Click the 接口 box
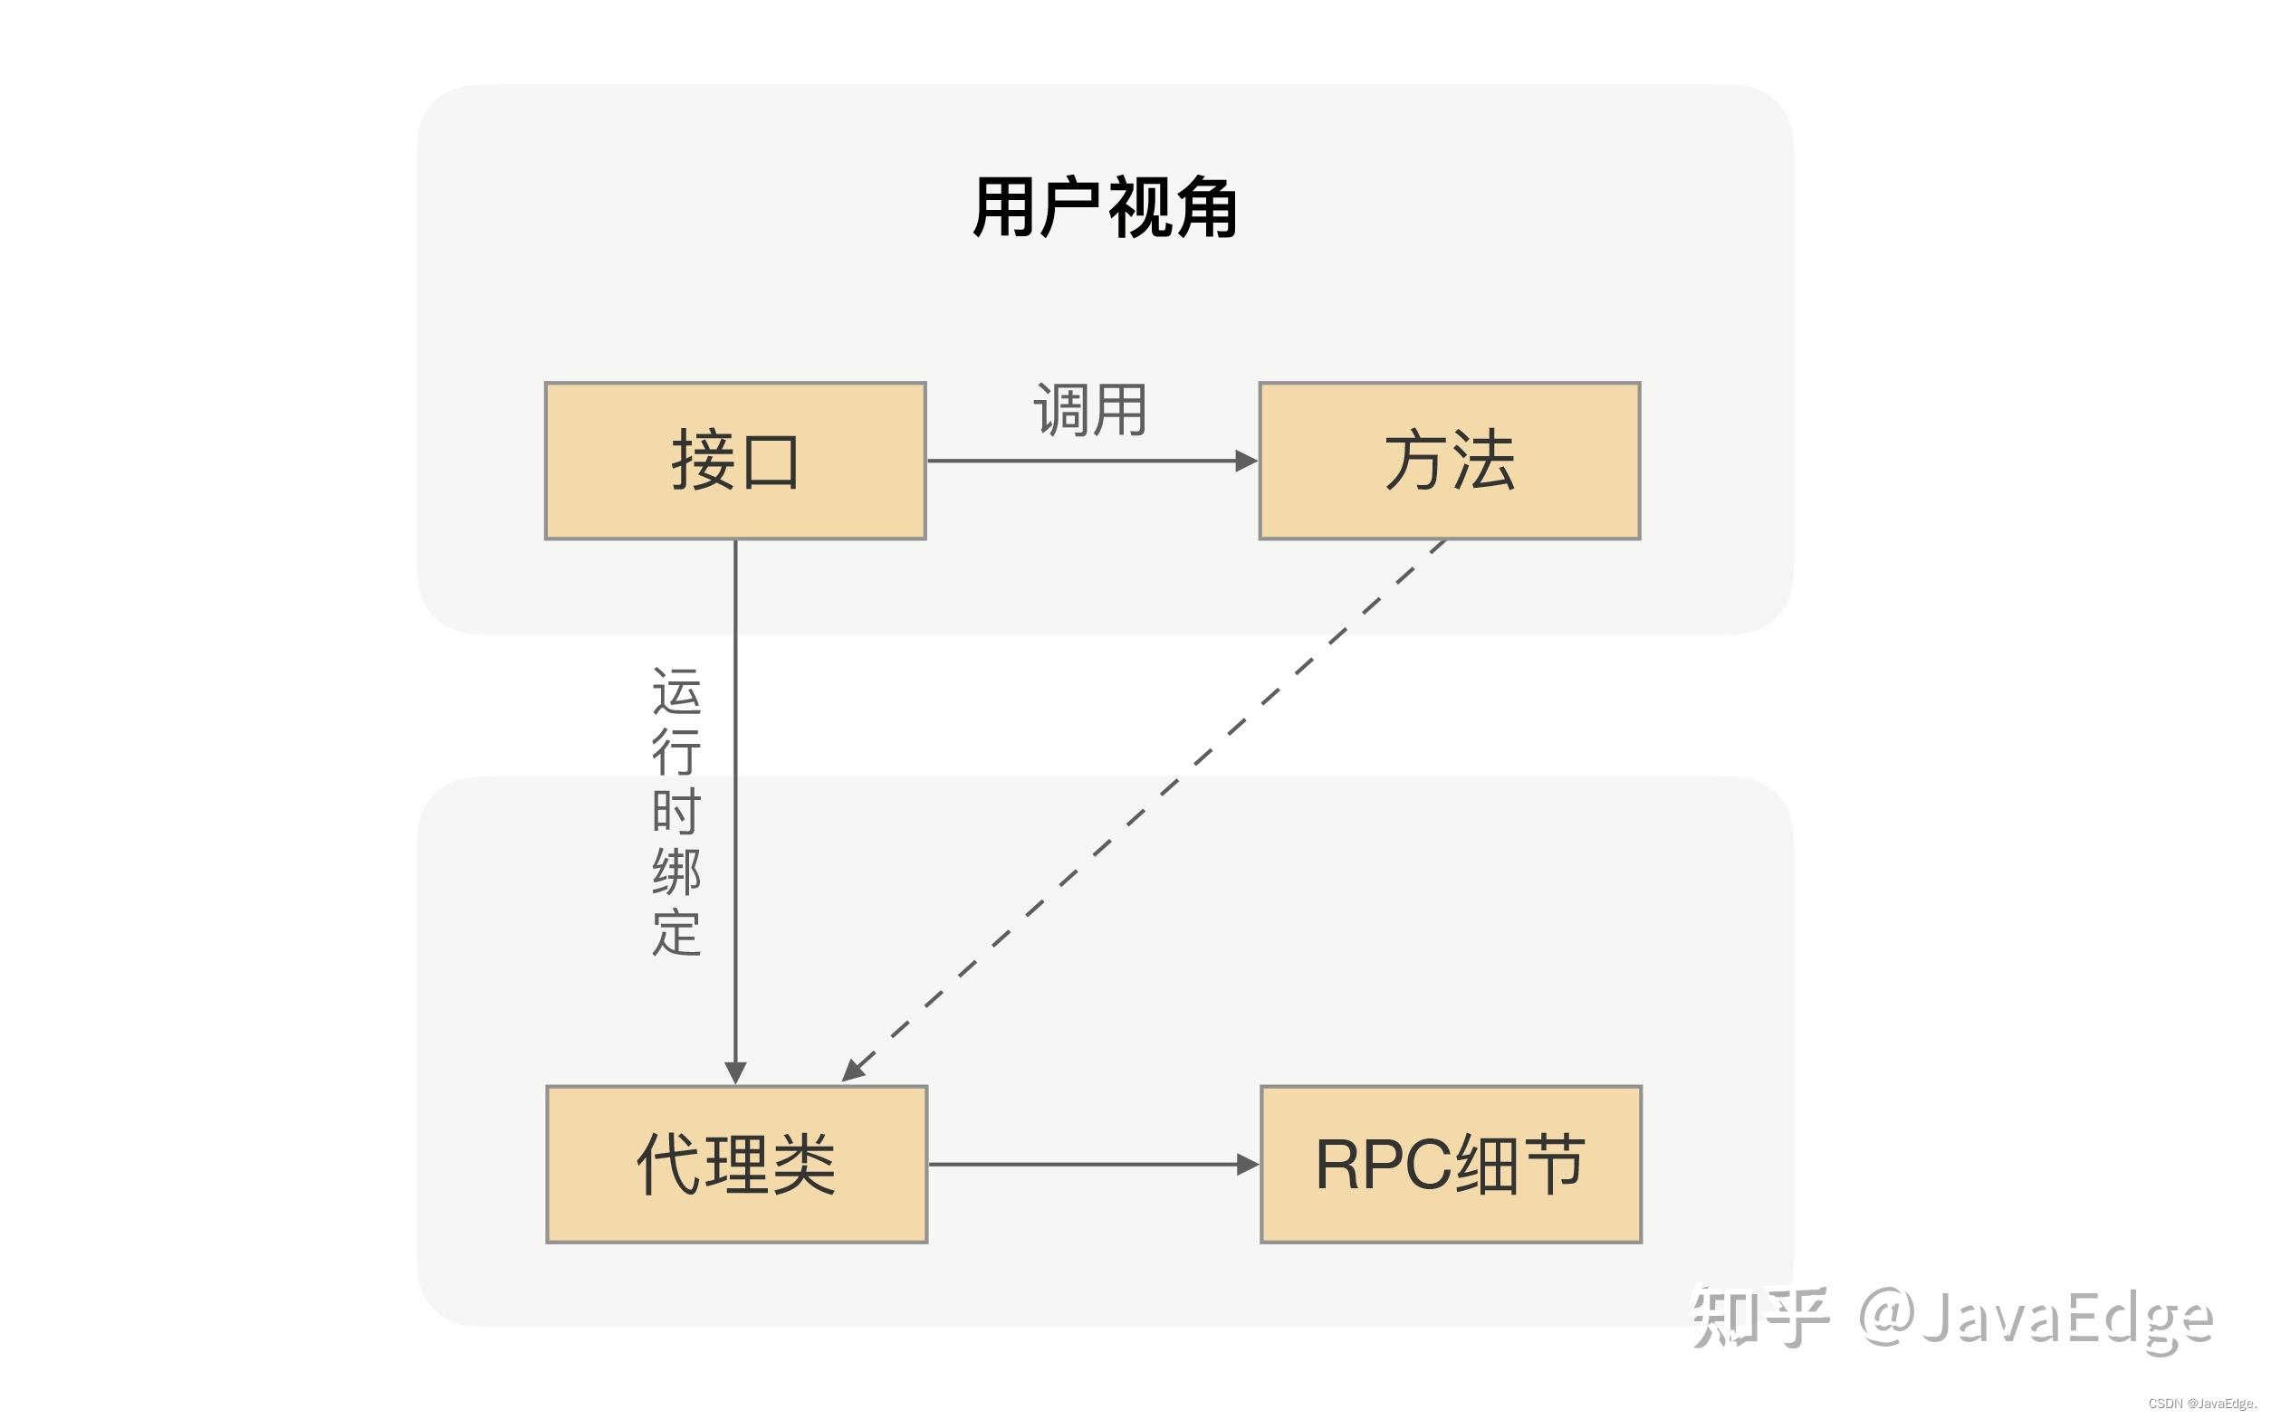point(735,461)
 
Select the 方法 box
point(1449,461)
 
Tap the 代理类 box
point(736,1164)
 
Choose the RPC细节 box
point(1451,1164)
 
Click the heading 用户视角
point(1105,207)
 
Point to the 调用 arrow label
point(1090,410)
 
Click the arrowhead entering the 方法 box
point(1246,461)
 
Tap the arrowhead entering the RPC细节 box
point(1247,1165)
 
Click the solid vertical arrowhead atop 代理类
point(735,1071)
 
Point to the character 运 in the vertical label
point(676,691)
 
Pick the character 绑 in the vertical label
point(676,871)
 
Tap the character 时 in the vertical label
point(676,812)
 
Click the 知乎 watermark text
point(1759,1316)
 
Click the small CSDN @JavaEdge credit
point(2201,1404)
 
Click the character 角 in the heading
point(1205,207)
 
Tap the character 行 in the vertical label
point(676,752)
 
